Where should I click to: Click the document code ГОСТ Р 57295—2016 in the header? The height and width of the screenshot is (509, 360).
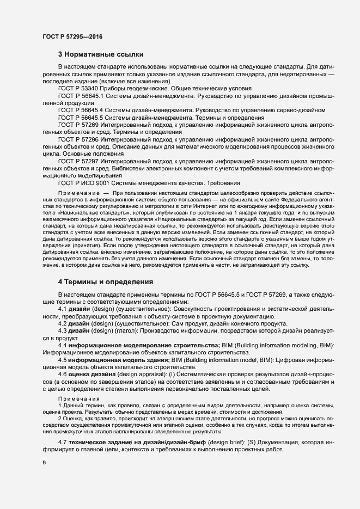point(72,36)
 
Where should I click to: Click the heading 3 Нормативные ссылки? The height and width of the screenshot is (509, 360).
point(101,55)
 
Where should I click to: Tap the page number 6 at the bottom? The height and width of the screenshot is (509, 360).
point(44,463)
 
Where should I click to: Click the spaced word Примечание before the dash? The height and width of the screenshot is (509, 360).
point(80,194)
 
